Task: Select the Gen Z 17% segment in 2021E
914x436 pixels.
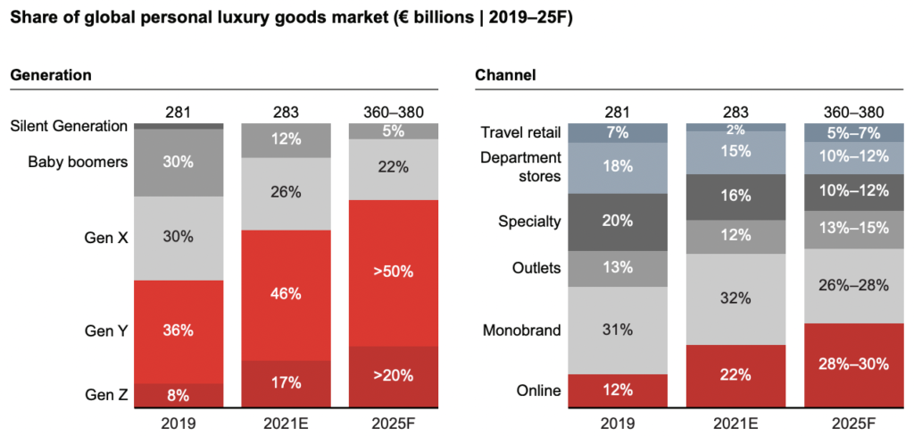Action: point(285,382)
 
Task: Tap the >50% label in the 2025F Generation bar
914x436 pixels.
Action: point(393,272)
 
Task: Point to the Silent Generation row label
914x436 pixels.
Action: point(69,126)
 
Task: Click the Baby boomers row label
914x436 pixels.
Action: point(78,162)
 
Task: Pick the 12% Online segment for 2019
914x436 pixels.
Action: point(616,390)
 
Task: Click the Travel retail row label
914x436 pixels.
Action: point(520,133)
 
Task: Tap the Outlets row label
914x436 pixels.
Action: point(536,268)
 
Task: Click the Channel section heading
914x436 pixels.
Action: point(505,75)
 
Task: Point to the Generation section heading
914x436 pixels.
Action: point(51,75)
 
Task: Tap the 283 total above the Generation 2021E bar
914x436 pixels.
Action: point(285,112)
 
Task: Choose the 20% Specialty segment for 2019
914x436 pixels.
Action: point(616,222)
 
